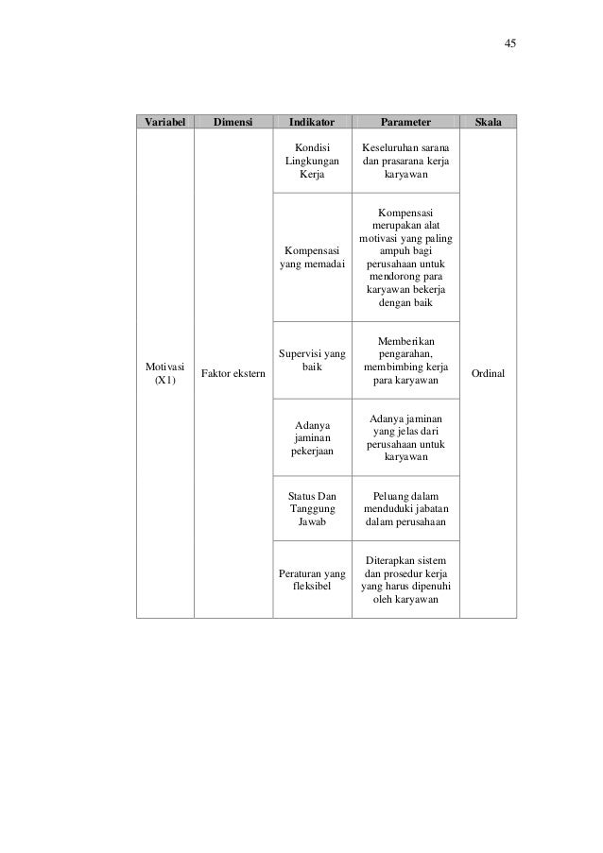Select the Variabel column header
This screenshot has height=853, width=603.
coord(164,122)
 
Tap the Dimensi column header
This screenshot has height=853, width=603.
coord(233,122)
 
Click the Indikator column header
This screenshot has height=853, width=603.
coord(311,122)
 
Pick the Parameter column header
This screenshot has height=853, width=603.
coord(405,122)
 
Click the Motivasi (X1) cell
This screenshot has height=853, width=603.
coord(164,372)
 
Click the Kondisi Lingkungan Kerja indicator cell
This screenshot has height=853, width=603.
coord(311,162)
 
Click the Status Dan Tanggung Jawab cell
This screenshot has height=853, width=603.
coord(311,508)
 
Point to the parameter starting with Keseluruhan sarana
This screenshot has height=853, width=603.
coord(405,162)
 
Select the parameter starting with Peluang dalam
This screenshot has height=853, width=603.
coord(405,508)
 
